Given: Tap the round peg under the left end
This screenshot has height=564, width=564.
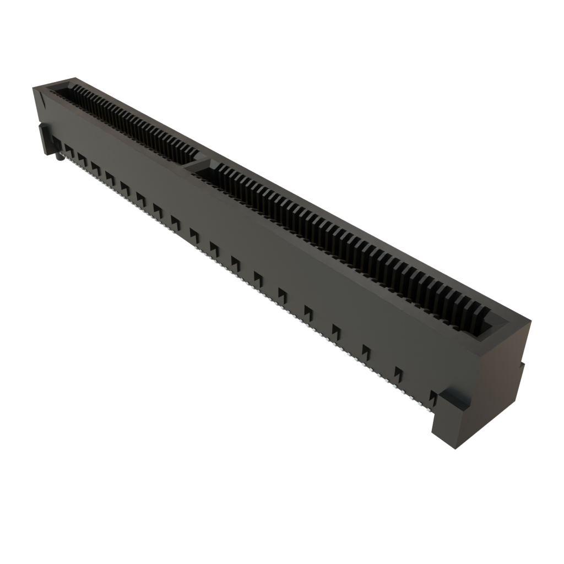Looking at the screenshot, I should [x=57, y=159].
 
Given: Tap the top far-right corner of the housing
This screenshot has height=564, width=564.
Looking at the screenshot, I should [x=532, y=319].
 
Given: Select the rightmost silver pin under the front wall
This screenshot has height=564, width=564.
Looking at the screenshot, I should [x=427, y=407].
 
